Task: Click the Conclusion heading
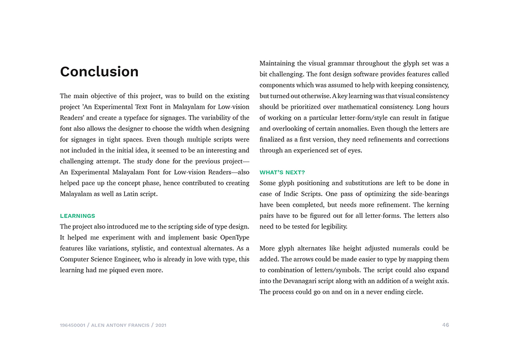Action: coord(99,72)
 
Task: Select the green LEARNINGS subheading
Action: coord(77,216)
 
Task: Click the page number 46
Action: coord(445,325)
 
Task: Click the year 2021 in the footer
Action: coord(161,325)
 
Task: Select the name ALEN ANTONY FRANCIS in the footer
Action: coord(120,325)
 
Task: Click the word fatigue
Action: coord(438,118)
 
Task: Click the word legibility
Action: coord(332,227)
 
